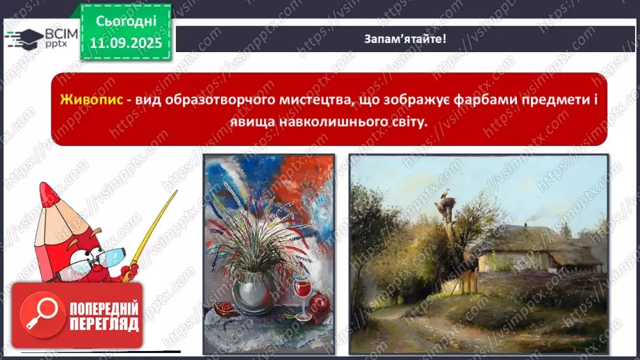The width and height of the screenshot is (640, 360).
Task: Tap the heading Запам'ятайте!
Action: point(404,38)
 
